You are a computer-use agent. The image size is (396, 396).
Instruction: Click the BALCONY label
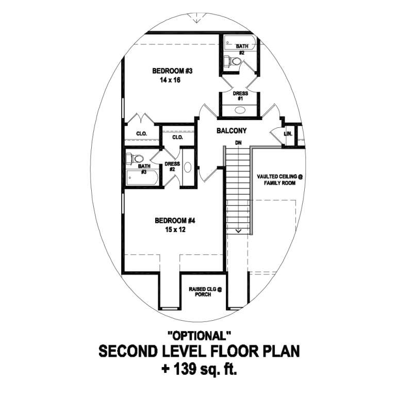pyautogui.click(x=230, y=131)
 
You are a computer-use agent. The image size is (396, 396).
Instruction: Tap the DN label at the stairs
pyautogui.click(x=238, y=142)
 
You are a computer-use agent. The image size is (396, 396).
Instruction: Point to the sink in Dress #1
pyautogui.click(x=240, y=110)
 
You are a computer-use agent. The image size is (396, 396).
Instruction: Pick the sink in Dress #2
pyautogui.click(x=187, y=167)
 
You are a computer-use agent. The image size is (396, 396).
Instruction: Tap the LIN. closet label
pyautogui.click(x=288, y=134)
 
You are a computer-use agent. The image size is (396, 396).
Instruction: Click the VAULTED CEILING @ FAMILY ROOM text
pyautogui.click(x=280, y=179)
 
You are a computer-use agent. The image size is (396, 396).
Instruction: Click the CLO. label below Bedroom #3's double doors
pyautogui.click(x=141, y=134)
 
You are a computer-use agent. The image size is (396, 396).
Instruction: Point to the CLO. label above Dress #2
pyautogui.click(x=177, y=137)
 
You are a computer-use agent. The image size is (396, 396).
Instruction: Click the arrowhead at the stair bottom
pyautogui.click(x=238, y=232)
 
